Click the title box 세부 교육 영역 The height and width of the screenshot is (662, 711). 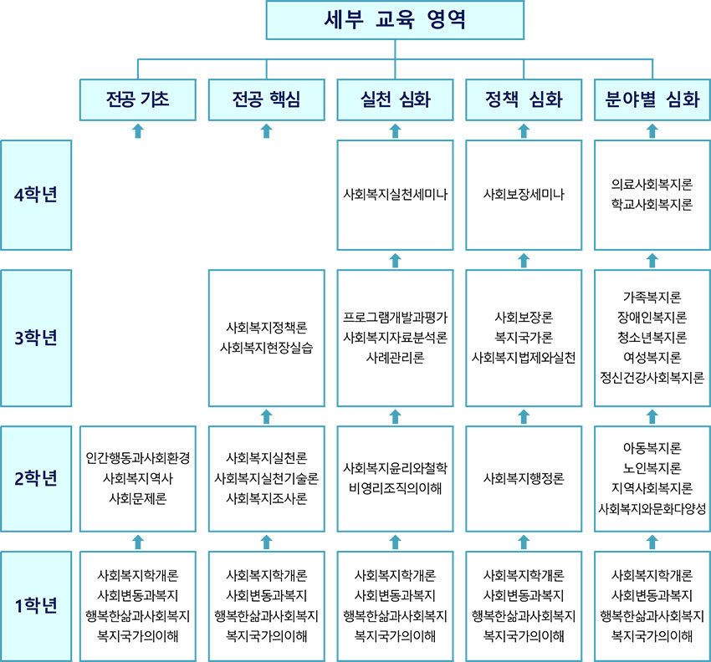(395, 20)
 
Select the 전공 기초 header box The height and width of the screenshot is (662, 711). (138, 99)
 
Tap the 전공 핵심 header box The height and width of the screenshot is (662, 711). (267, 99)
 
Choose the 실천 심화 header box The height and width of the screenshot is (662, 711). (395, 99)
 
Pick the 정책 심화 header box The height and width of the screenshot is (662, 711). (524, 99)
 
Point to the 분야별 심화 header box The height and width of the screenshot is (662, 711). (652, 99)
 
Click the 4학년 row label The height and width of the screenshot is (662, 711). (36, 195)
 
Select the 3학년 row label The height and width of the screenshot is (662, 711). (36, 338)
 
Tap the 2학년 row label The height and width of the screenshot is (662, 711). (36, 478)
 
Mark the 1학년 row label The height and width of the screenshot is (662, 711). (36, 606)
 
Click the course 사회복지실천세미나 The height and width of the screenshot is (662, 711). (395, 195)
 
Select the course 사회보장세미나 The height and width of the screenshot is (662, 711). (524, 195)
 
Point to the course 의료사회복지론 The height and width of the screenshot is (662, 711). (652, 185)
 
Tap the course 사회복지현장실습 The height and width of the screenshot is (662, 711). (267, 348)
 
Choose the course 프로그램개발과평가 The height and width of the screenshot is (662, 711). (395, 318)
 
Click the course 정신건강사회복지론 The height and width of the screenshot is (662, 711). (652, 378)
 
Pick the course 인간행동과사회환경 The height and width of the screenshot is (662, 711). (138, 458)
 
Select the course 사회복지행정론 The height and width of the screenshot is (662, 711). (524, 478)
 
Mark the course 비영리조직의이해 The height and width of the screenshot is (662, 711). (395, 488)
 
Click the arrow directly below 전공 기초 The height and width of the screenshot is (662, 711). (138, 131)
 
